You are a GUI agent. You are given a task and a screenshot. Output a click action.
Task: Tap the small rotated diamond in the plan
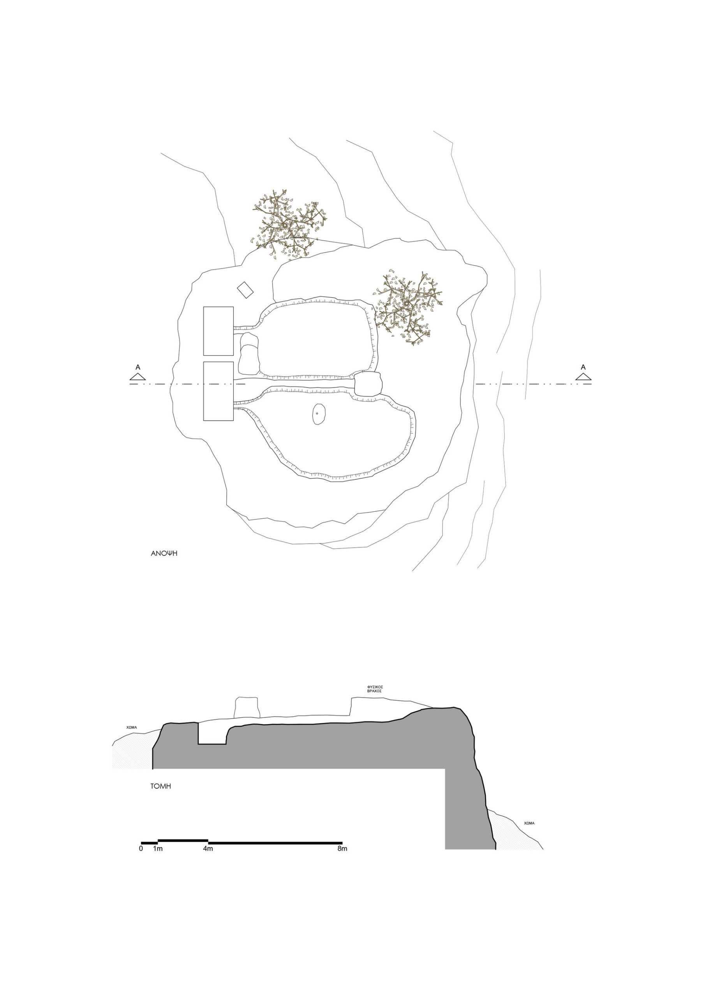245,290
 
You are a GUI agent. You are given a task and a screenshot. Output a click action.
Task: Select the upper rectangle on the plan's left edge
219,331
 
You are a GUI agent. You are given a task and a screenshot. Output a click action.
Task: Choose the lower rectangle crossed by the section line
219,391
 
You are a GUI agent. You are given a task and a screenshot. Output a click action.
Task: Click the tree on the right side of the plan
407,307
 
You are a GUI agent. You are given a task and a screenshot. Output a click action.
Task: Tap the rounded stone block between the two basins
368,384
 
